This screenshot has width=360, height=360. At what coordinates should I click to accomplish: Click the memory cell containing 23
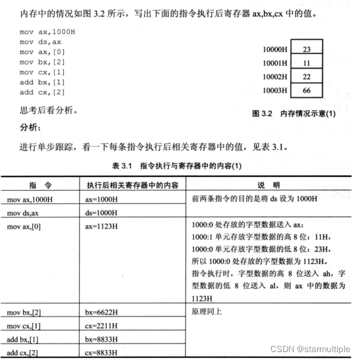307,49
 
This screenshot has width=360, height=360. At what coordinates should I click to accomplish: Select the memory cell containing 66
307,90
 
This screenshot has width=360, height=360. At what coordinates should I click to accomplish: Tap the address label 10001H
274,63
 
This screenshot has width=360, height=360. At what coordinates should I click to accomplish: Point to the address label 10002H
274,76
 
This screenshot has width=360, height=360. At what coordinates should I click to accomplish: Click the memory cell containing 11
307,63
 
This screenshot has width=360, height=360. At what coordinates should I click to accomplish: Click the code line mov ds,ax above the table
39,42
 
